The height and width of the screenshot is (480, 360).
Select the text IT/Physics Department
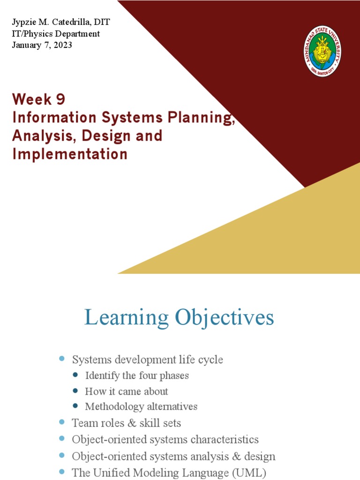click(x=56, y=34)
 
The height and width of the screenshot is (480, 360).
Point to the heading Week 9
click(x=39, y=99)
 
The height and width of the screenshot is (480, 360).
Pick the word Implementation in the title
click(x=70, y=154)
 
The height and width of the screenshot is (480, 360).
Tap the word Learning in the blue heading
click(x=127, y=318)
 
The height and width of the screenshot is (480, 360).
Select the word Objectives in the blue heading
click(x=225, y=318)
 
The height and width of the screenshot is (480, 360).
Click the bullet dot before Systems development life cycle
click(x=61, y=359)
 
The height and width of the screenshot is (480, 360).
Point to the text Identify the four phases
click(x=137, y=375)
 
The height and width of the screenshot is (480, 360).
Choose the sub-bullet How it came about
click(x=127, y=391)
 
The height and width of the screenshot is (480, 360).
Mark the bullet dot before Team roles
click(x=61, y=422)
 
